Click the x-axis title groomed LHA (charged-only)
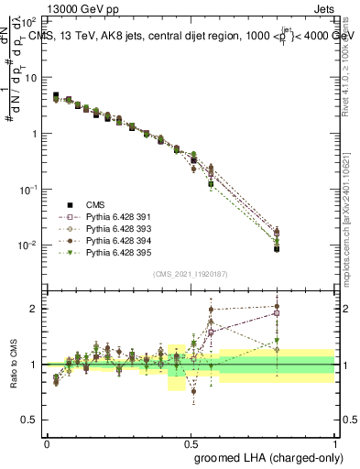265,456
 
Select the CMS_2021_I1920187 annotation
191,274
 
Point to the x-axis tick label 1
334,442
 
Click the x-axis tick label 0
47,442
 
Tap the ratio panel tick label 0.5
31,420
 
